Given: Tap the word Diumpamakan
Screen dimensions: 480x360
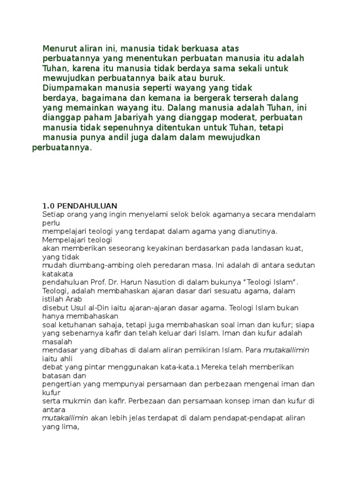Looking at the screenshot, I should [68, 88].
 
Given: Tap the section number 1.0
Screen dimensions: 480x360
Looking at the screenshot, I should [49, 206].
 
